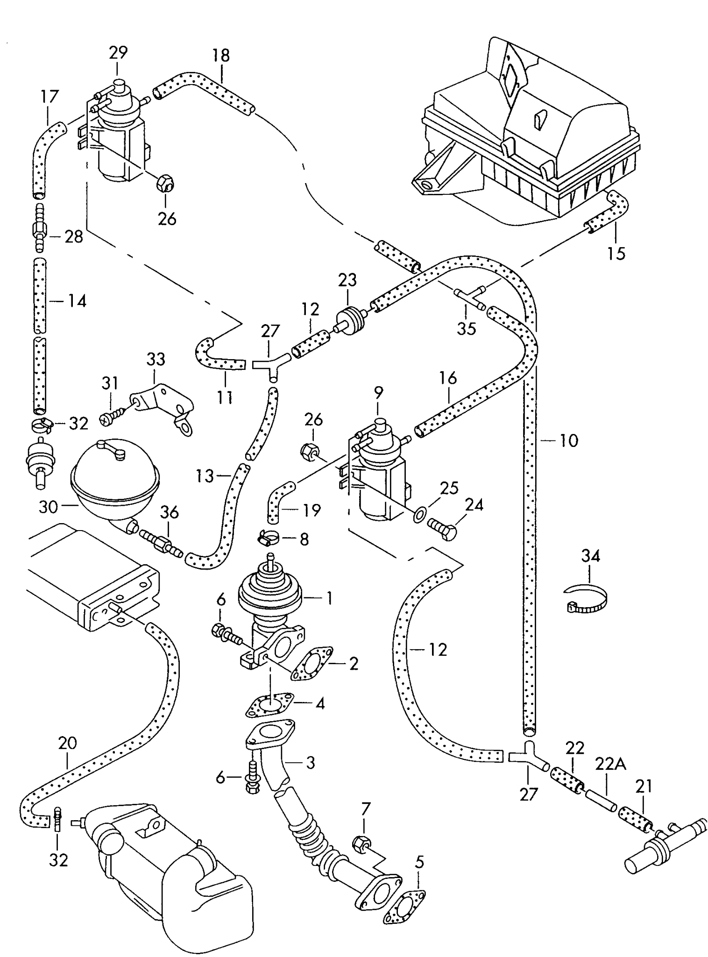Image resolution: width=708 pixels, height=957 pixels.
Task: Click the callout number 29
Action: (118, 52)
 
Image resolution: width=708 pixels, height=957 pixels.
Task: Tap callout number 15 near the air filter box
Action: (616, 254)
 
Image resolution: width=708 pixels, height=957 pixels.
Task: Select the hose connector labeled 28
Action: (39, 229)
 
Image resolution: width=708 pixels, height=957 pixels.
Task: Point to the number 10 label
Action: (568, 440)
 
